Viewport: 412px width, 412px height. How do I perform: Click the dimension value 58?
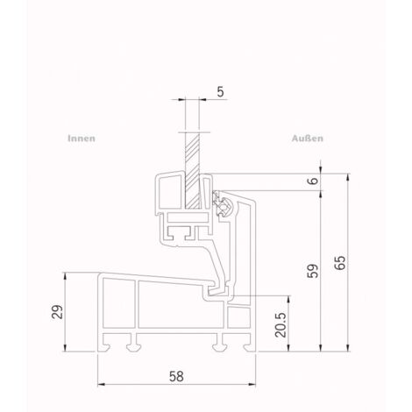coord(176,376)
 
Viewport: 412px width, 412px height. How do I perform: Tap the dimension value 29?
coord(57,312)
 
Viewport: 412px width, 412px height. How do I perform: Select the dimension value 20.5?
coord(281,325)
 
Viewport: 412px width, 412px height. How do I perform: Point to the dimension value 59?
coord(313,271)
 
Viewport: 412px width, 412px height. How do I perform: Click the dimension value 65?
coord(340,263)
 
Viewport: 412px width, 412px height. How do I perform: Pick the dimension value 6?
coord(313,181)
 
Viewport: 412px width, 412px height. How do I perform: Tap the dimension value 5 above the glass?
coord(220,92)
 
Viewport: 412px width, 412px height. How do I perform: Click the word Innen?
coord(82,139)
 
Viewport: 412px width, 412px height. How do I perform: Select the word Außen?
coord(308,139)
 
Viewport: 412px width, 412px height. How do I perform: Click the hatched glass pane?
coord(193,171)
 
